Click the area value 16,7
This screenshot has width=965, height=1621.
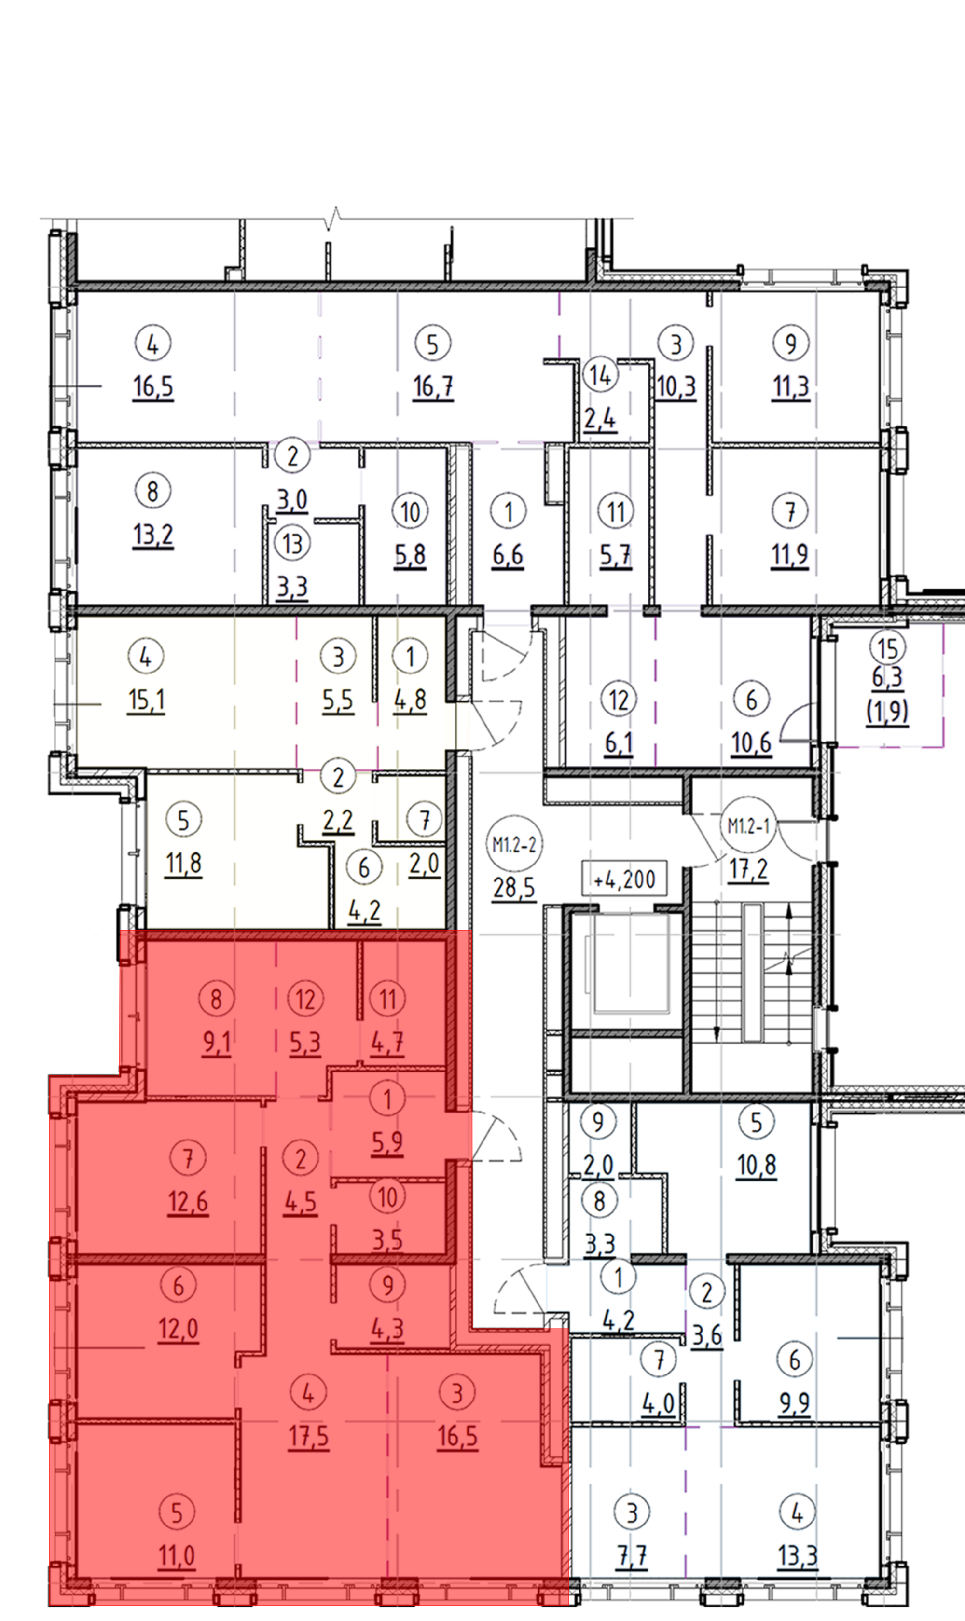[x=433, y=387]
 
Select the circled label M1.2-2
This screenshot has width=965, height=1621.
[x=514, y=845]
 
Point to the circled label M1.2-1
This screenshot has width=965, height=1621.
[x=748, y=826]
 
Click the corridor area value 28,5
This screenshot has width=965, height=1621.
[x=514, y=888]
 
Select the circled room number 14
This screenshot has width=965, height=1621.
[x=600, y=375]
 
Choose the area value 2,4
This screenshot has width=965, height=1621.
[x=600, y=419]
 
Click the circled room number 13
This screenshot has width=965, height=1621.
[x=292, y=543]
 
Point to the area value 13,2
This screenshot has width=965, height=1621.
[x=153, y=536]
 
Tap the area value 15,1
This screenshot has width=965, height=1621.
[x=146, y=701]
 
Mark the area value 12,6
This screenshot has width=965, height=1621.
[x=188, y=1202]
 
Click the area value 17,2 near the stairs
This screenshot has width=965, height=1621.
[x=748, y=869]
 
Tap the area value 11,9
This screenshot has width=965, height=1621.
[x=789, y=556]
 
